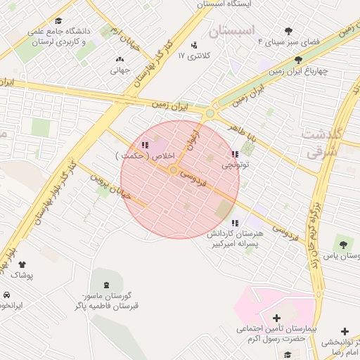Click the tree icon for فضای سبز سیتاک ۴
pos(289,31)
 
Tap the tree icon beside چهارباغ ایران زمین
pos(299,60)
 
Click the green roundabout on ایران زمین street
pos(210,113)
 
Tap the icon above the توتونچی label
pos(234,154)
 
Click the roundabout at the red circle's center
pos(173,170)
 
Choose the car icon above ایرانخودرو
pos(6,295)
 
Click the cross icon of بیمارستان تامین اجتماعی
pos(276,318)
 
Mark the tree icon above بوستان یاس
pos(342,244)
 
